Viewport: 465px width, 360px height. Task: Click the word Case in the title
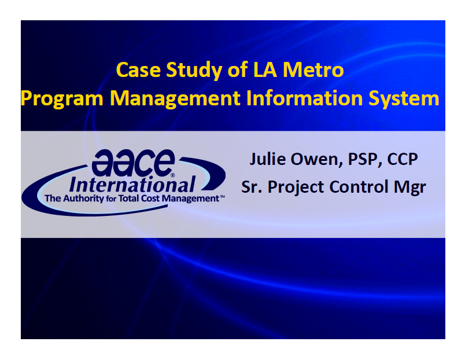coord(138,70)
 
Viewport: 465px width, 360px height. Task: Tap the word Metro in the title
coord(313,70)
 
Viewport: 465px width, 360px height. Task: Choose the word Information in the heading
coord(305,98)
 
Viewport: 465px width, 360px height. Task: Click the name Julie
coord(268,159)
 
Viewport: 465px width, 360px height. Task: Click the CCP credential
coord(403,159)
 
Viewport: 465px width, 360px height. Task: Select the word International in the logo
coord(132,185)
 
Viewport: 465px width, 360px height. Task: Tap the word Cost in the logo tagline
coord(150,199)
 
